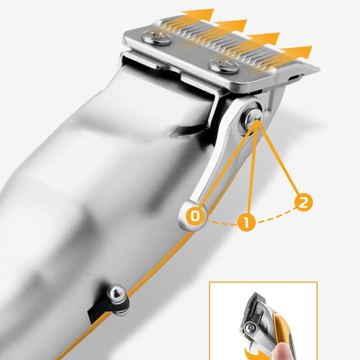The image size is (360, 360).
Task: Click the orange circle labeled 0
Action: [x=195, y=216]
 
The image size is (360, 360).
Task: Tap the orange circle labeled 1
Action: [x=246, y=222]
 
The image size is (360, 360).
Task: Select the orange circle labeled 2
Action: [x=303, y=202]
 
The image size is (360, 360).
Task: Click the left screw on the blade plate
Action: [x=157, y=38]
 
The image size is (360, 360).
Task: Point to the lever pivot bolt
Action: [x=253, y=118]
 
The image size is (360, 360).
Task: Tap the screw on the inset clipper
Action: [x=250, y=327]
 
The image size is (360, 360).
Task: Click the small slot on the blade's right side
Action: [x=294, y=77]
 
